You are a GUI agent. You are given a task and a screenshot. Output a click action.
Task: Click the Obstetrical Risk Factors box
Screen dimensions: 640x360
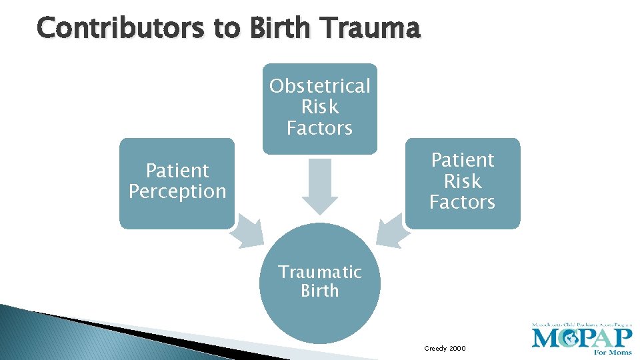319,107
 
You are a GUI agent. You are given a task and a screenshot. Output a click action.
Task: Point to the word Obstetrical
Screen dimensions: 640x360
319,86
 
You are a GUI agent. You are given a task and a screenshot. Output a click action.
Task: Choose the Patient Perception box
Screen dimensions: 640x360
177,181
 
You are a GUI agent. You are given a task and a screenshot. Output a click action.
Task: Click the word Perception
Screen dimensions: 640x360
177,192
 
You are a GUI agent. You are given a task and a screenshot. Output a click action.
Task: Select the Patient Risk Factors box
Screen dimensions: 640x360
462,181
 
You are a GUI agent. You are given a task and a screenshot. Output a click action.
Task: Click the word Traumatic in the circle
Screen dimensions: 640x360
319,272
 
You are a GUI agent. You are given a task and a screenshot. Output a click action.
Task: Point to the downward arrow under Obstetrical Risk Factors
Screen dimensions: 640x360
319,187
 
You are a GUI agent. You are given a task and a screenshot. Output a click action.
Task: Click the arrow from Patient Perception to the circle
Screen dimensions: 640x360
247,230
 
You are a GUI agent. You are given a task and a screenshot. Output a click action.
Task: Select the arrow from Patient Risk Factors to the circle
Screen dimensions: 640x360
392,230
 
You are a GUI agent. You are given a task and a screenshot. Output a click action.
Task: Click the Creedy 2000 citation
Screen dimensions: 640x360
445,349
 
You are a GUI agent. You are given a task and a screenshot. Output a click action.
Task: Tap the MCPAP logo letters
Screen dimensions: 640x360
581,337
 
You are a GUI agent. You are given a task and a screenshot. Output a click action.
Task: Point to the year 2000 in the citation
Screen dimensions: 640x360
457,349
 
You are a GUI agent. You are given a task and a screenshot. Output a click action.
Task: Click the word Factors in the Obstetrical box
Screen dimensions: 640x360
319,128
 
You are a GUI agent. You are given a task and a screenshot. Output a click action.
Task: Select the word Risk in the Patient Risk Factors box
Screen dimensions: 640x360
462,181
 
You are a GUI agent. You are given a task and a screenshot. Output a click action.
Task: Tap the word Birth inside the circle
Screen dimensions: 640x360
319,291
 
